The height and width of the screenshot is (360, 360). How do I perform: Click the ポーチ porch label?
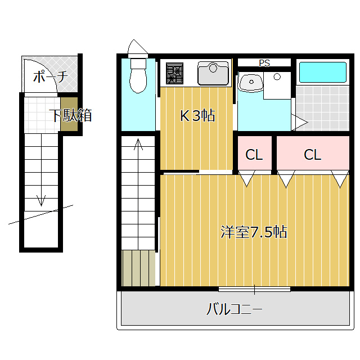[x=50, y=76]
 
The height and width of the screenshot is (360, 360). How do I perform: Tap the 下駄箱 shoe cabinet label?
[x=70, y=116]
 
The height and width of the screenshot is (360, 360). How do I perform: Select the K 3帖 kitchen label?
[x=197, y=116]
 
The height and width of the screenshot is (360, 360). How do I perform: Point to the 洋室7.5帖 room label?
[x=254, y=232]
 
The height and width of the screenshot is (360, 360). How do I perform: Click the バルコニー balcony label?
[x=235, y=309]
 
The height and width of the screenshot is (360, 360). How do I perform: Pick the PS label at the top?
[x=264, y=63]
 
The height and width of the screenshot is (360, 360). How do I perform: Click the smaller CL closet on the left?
[x=254, y=155]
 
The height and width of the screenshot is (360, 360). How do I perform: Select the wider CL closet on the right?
[x=312, y=155]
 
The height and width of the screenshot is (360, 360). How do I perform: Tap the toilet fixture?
[x=137, y=76]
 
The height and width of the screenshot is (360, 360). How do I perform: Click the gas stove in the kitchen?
[x=174, y=74]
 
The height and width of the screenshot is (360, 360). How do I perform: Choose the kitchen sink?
[x=213, y=73]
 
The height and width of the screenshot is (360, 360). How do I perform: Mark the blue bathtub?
[x=322, y=72]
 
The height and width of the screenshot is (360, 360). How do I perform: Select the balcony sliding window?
[x=254, y=290]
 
